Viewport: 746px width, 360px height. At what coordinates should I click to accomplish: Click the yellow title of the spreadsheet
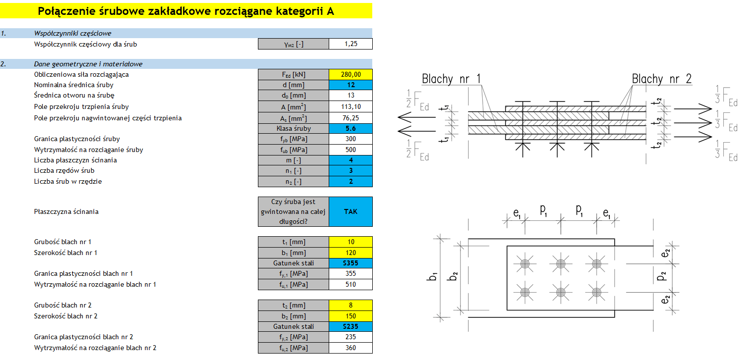186,11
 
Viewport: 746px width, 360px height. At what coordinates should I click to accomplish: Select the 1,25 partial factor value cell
350,44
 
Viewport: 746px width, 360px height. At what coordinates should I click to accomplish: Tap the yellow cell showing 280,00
350,75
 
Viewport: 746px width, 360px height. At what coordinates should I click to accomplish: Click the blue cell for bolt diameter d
350,85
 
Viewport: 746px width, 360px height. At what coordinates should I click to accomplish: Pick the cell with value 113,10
350,106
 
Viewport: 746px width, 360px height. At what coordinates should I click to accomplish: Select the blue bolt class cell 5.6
350,128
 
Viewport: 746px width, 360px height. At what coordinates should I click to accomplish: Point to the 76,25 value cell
350,118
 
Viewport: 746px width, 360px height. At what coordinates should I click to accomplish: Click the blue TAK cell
350,211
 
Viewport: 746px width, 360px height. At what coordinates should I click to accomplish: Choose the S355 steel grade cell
350,263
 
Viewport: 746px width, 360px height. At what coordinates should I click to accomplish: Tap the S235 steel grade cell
350,326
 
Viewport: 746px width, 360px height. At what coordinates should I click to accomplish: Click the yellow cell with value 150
350,316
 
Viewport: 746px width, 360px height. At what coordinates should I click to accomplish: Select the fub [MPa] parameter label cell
293,150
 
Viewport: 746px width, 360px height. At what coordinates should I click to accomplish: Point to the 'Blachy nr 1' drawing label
451,79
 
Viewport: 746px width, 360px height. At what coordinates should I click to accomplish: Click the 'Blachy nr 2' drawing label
661,79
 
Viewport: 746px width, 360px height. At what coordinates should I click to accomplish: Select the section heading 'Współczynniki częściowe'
73,34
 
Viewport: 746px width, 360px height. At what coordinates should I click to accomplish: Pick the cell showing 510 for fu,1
350,284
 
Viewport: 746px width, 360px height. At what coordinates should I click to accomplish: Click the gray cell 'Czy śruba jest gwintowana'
293,211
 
